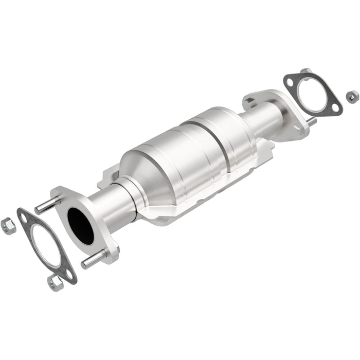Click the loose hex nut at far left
point(7,225)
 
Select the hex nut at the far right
point(352,95)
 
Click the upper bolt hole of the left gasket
point(24,218)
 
